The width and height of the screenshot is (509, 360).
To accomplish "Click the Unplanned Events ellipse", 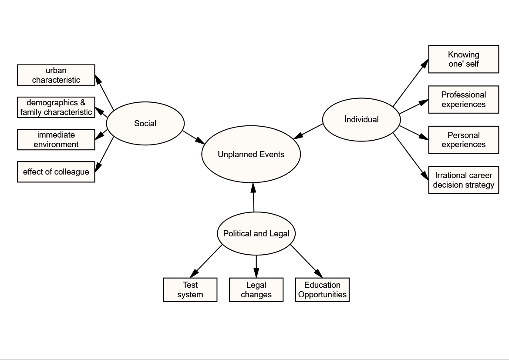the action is pos(251,154).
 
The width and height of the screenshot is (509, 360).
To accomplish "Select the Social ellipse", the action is pos(145,123).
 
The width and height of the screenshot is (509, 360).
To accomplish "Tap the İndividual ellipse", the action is pos(361,119).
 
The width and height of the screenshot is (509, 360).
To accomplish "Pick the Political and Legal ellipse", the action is pos(256,234).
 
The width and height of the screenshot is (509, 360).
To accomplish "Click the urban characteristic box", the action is pos(56,75).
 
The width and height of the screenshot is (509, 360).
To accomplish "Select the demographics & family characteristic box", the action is pos(56,107).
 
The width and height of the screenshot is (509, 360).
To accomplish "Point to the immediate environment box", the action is pos(56,140).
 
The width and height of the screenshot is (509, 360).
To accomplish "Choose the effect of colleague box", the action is pos(56,172).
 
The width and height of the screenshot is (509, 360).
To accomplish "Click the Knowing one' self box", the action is pos(464,59).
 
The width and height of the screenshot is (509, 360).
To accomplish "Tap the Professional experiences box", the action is pos(464,99).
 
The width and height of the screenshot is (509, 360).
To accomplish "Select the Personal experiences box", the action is pos(464,140).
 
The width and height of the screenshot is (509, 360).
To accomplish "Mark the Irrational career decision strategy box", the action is pos(464,180).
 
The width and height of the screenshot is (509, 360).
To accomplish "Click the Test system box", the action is pos(190,289).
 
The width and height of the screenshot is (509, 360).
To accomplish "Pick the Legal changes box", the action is pos(256,289).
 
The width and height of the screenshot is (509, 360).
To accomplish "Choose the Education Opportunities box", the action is pos(322,289).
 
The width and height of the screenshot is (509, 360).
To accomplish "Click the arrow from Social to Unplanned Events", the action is pos(193,137).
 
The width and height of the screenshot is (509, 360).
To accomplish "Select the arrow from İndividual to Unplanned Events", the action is pos(308,131).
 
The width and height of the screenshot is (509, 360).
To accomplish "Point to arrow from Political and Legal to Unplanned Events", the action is pos(253,197).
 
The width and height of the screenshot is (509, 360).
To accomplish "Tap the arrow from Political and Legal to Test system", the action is pos(206,261).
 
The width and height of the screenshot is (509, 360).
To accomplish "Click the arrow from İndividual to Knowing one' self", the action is pos(411,83).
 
